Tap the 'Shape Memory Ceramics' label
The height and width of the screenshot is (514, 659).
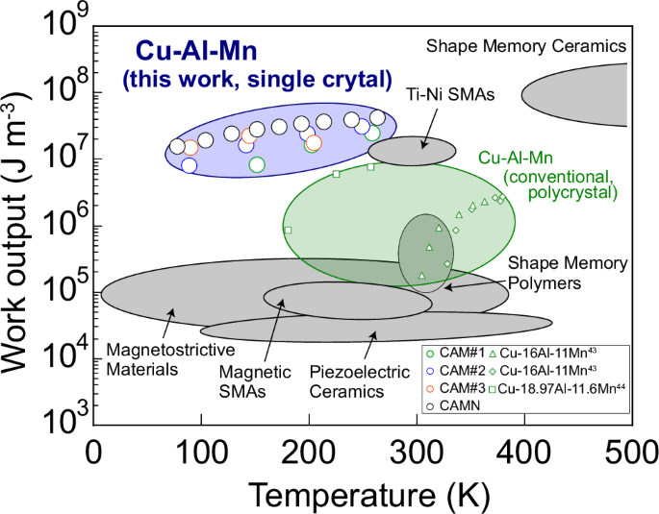point(526,46)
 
